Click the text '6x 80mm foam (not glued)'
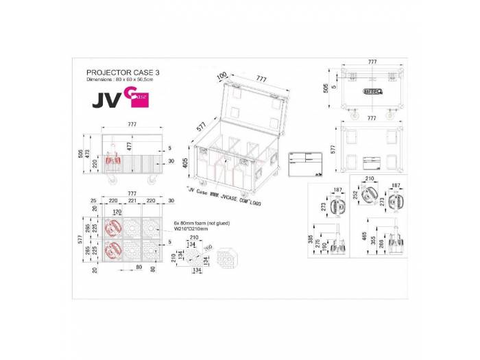[201, 223]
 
